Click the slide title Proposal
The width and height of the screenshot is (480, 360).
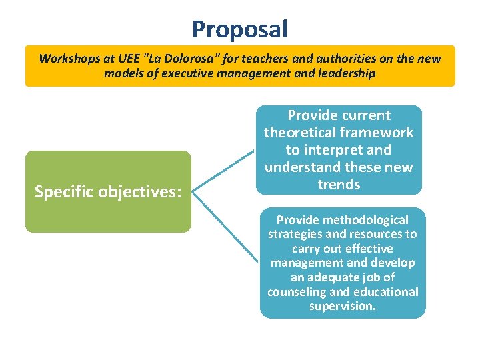tap(240, 29)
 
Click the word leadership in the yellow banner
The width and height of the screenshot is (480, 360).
tap(343, 74)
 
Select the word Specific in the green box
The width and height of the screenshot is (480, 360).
tap(64, 192)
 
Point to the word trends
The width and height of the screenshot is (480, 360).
tap(339, 185)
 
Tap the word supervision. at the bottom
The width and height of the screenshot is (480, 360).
tap(343, 307)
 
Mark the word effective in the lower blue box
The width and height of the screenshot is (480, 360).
tap(371, 249)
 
